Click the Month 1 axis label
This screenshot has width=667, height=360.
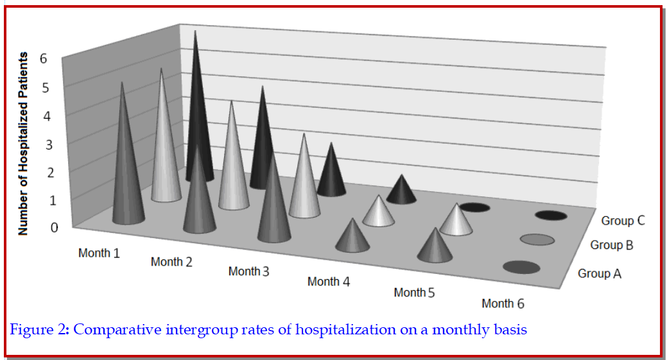click(x=99, y=253)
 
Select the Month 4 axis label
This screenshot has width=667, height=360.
click(x=328, y=281)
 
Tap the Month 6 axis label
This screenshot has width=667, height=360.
click(x=503, y=303)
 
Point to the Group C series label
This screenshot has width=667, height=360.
click(x=623, y=221)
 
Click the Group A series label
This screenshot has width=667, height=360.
click(x=600, y=273)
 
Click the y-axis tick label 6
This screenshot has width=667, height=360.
click(x=44, y=58)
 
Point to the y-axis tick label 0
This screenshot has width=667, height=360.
click(x=55, y=227)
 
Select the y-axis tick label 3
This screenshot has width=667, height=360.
click(x=49, y=144)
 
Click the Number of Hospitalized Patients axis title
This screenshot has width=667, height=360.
click(x=23, y=144)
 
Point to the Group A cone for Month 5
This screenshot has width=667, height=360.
click(x=434, y=247)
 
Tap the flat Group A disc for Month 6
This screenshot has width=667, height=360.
click(x=521, y=268)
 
